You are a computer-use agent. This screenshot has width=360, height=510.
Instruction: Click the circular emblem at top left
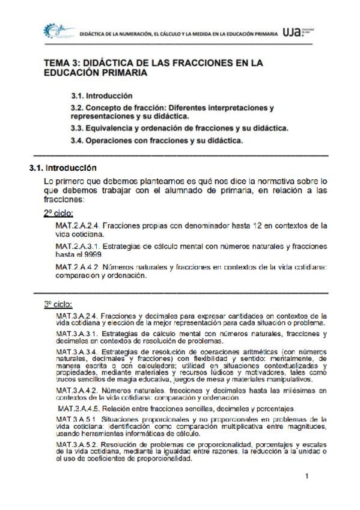pos(53,32)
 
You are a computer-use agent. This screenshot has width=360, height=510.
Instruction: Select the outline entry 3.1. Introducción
pos(102,96)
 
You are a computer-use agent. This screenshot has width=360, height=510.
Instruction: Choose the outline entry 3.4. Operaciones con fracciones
pos(156,141)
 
